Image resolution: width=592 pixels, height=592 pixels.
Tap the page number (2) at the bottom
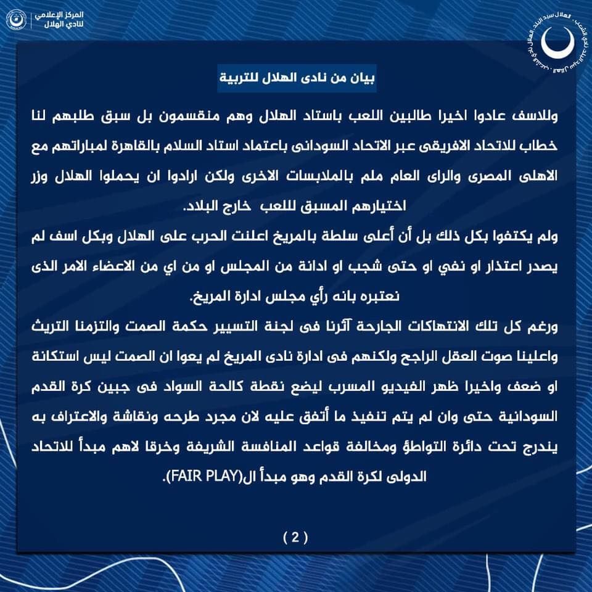click(x=295, y=537)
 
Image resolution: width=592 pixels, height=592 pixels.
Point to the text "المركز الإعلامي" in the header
click(x=62, y=14)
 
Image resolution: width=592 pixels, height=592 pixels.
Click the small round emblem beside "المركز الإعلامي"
click(x=15, y=18)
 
